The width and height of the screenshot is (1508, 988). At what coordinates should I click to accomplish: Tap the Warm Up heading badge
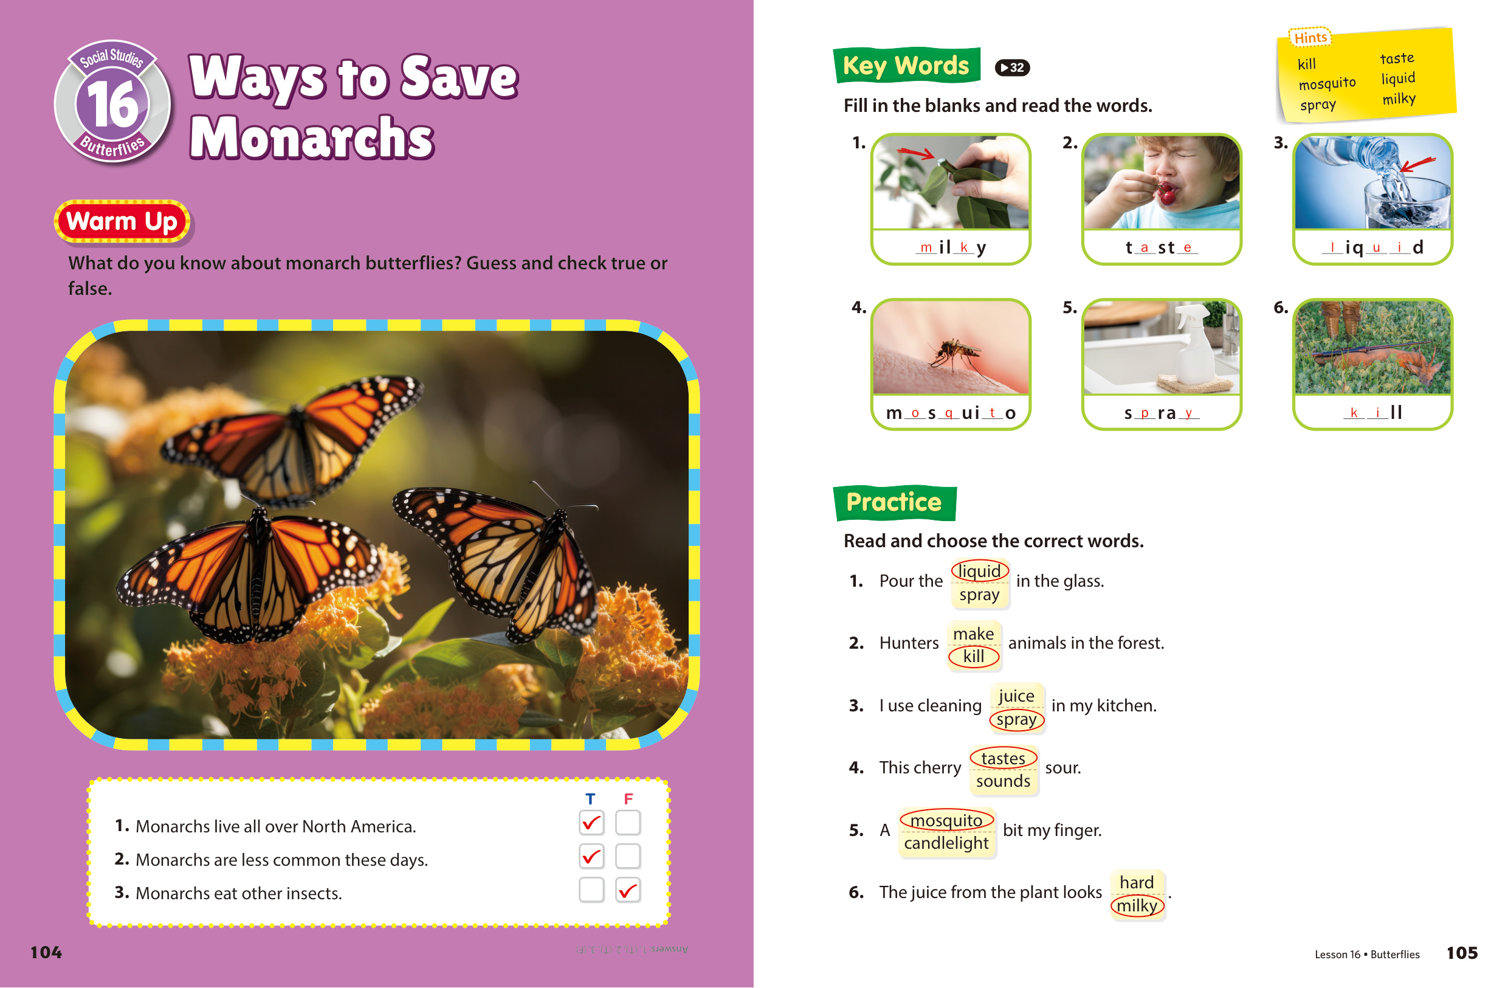(122, 222)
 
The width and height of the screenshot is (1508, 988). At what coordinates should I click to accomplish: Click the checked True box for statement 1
(591, 823)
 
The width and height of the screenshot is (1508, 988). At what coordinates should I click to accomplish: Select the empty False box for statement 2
(628, 856)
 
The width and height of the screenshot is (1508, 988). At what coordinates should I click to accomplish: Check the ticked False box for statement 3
(628, 890)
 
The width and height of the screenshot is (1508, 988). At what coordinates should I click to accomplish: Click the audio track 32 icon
(1012, 67)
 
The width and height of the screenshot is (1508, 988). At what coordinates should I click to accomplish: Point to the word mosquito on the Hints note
(1327, 83)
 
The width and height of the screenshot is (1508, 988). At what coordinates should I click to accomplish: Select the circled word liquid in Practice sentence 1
(979, 571)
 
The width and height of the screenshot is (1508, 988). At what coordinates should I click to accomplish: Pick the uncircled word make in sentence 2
(973, 634)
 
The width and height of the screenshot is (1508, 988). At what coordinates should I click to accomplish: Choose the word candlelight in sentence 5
(946, 843)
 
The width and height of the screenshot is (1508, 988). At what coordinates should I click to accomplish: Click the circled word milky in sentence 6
(1137, 905)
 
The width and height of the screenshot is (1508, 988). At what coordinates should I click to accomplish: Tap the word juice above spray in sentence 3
(1016, 696)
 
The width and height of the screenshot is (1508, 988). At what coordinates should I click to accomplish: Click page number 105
(1462, 953)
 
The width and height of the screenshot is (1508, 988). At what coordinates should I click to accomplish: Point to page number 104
(46, 953)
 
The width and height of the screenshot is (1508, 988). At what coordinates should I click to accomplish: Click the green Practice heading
(895, 503)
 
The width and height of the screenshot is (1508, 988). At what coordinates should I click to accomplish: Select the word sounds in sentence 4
(1003, 781)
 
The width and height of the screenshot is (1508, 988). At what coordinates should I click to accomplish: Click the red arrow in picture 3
(1417, 164)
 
